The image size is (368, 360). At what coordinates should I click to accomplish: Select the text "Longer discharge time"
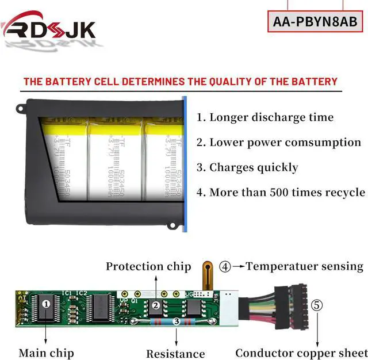pyautogui.click(x=271, y=117)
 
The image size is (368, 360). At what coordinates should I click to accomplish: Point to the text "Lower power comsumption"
pyautogui.click(x=285, y=142)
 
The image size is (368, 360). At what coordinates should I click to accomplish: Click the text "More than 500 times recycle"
pyautogui.click(x=287, y=192)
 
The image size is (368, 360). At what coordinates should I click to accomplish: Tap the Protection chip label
pyautogui.click(x=148, y=266)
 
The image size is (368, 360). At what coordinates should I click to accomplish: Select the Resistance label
pyautogui.click(x=175, y=354)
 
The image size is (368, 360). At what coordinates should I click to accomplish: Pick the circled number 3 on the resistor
pyautogui.click(x=177, y=322)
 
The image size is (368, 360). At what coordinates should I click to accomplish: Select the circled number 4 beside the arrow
pyautogui.click(x=225, y=266)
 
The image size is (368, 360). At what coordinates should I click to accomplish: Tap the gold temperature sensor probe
pyautogui.click(x=207, y=274)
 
